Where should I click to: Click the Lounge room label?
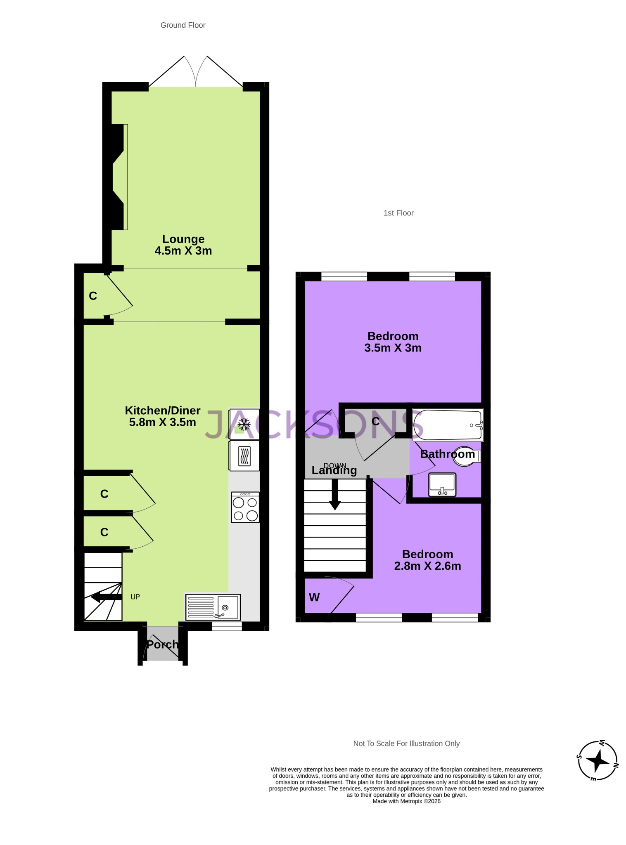[183, 239]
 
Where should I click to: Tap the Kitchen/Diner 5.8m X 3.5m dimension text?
[162, 422]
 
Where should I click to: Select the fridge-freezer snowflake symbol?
[244, 424]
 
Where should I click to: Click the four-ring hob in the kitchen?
[245, 507]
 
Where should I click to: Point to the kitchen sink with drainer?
[213, 607]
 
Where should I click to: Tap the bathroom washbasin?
[442, 485]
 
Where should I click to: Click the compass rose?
[597, 760]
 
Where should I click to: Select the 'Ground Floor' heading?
[183, 25]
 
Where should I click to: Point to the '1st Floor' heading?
[398, 213]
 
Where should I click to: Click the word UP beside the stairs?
[135, 597]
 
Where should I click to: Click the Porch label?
[162, 644]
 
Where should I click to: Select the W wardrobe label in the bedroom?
[314, 597]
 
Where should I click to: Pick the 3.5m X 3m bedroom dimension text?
[393, 348]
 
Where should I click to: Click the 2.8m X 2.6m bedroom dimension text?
[427, 566]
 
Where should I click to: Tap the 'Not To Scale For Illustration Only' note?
[406, 744]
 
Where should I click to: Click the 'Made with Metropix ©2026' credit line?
[406, 801]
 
